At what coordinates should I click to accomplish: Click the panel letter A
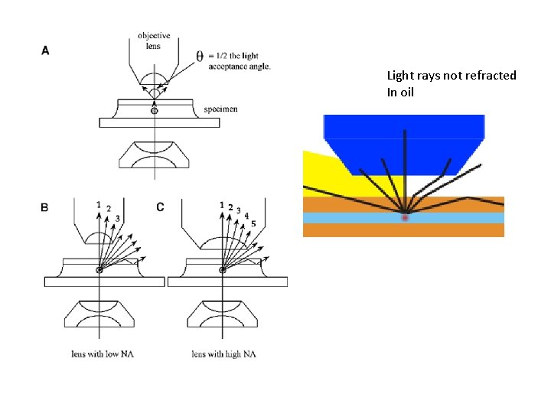click(45, 50)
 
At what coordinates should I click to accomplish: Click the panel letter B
click(45, 207)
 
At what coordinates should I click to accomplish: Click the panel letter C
click(160, 207)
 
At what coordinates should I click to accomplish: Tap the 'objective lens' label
click(154, 40)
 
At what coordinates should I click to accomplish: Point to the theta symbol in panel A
click(199, 57)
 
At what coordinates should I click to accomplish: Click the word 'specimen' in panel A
click(220, 109)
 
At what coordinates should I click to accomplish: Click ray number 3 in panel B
click(118, 219)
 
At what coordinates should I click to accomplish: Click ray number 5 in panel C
click(253, 223)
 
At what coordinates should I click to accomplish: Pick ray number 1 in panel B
click(99, 204)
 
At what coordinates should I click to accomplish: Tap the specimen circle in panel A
click(155, 111)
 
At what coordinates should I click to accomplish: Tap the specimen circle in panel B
click(99, 270)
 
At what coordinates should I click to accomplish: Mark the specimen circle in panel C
click(223, 270)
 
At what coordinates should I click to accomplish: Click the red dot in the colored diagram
click(404, 218)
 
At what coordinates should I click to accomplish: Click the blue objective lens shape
click(404, 138)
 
